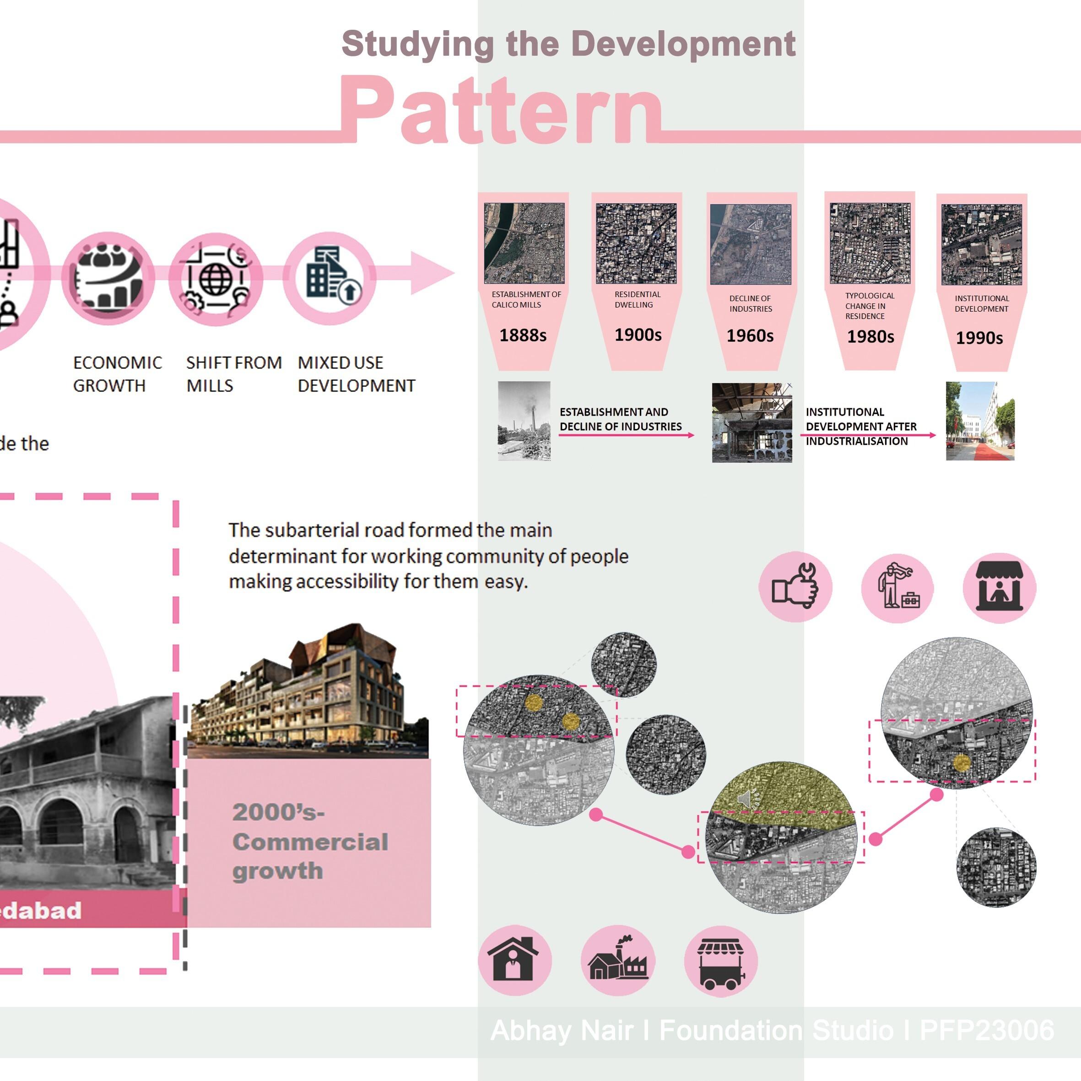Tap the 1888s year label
(x=523, y=335)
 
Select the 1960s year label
(x=750, y=336)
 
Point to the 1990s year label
(x=979, y=338)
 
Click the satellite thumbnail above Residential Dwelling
(x=636, y=243)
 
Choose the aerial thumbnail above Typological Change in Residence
(x=870, y=243)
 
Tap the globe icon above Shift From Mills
(x=216, y=278)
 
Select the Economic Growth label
(x=118, y=374)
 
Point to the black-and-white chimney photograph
(x=524, y=421)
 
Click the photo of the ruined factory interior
(x=751, y=422)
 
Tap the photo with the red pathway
(x=980, y=421)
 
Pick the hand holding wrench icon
(x=795, y=586)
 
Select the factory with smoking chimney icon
(x=617, y=961)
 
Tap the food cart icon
(x=721, y=961)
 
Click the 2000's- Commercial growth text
(x=309, y=842)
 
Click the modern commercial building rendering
(x=308, y=694)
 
